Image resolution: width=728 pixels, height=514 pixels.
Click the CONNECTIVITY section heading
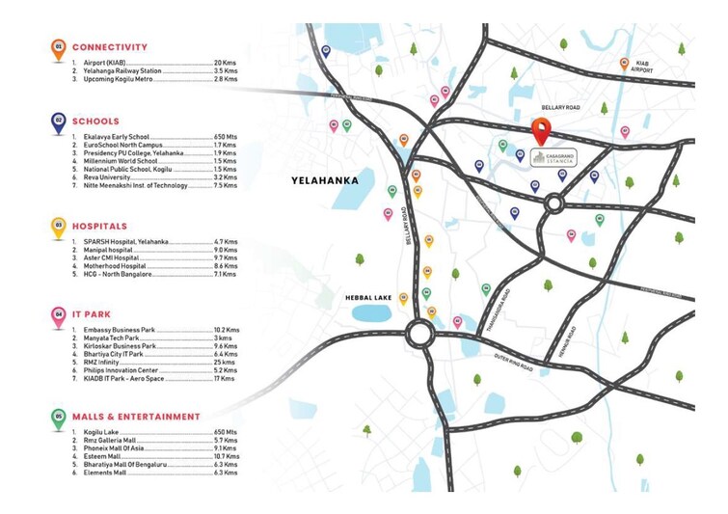tap(109, 47)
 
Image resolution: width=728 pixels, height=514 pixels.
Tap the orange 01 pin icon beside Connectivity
tap(59, 47)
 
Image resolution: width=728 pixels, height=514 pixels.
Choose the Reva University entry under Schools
tap(102, 177)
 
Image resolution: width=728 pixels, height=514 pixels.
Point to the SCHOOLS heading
tap(95, 122)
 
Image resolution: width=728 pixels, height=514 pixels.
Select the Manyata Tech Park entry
tap(108, 338)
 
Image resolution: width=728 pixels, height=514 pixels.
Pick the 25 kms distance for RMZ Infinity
tap(226, 362)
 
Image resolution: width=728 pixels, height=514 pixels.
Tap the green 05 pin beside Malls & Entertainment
tap(59, 418)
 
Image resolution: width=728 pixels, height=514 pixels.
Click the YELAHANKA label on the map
tap(325, 180)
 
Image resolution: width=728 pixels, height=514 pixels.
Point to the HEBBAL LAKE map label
tap(368, 299)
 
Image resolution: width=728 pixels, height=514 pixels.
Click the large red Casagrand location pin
tap(541, 130)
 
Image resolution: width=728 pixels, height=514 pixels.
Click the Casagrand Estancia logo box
tap(555, 158)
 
